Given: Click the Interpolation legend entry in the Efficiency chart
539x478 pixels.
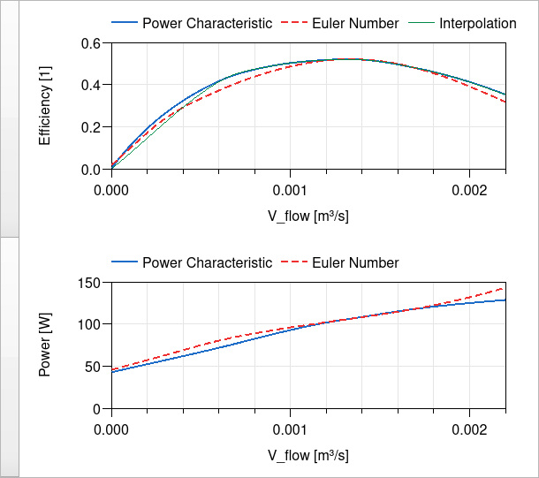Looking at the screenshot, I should pos(478,24).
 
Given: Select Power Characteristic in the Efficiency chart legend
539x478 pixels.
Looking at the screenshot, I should pos(207,24).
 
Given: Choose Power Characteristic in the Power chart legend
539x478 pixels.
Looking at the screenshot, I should pos(207,262).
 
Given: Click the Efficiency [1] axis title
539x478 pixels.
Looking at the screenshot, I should pos(46,106).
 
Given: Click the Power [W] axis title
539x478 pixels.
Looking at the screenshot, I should pos(46,345).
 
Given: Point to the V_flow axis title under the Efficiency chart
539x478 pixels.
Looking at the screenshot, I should pos(308,216).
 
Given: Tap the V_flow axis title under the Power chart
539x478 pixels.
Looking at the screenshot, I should pos(308,455).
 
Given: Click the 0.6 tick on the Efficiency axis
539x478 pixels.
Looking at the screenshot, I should pos(91,43).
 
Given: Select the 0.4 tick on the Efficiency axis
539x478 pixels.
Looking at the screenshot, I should pos(91,85).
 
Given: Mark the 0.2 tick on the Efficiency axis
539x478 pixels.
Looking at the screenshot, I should pos(91,127).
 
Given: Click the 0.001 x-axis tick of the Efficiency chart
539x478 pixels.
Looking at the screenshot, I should pos(290,190).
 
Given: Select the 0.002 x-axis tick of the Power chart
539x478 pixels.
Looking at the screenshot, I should pos(469,429).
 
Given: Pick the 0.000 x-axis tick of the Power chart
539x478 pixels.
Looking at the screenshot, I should pos(111,429).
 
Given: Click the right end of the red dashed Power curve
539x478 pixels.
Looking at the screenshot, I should pos(505,287).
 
